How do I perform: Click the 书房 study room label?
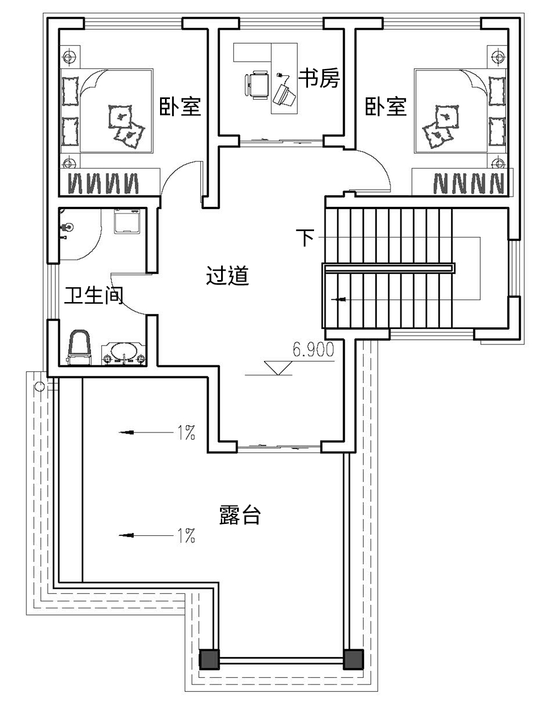319,79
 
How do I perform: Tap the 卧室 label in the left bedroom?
180,106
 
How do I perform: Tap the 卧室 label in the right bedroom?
386,106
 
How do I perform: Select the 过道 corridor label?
228,276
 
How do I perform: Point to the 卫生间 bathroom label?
94,295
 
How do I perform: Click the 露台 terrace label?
239,516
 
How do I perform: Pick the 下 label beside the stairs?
305,237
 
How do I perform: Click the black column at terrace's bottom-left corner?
209,659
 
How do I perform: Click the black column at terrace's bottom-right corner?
354,659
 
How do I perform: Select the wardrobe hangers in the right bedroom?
468,183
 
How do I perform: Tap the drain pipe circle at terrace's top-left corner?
40,386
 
